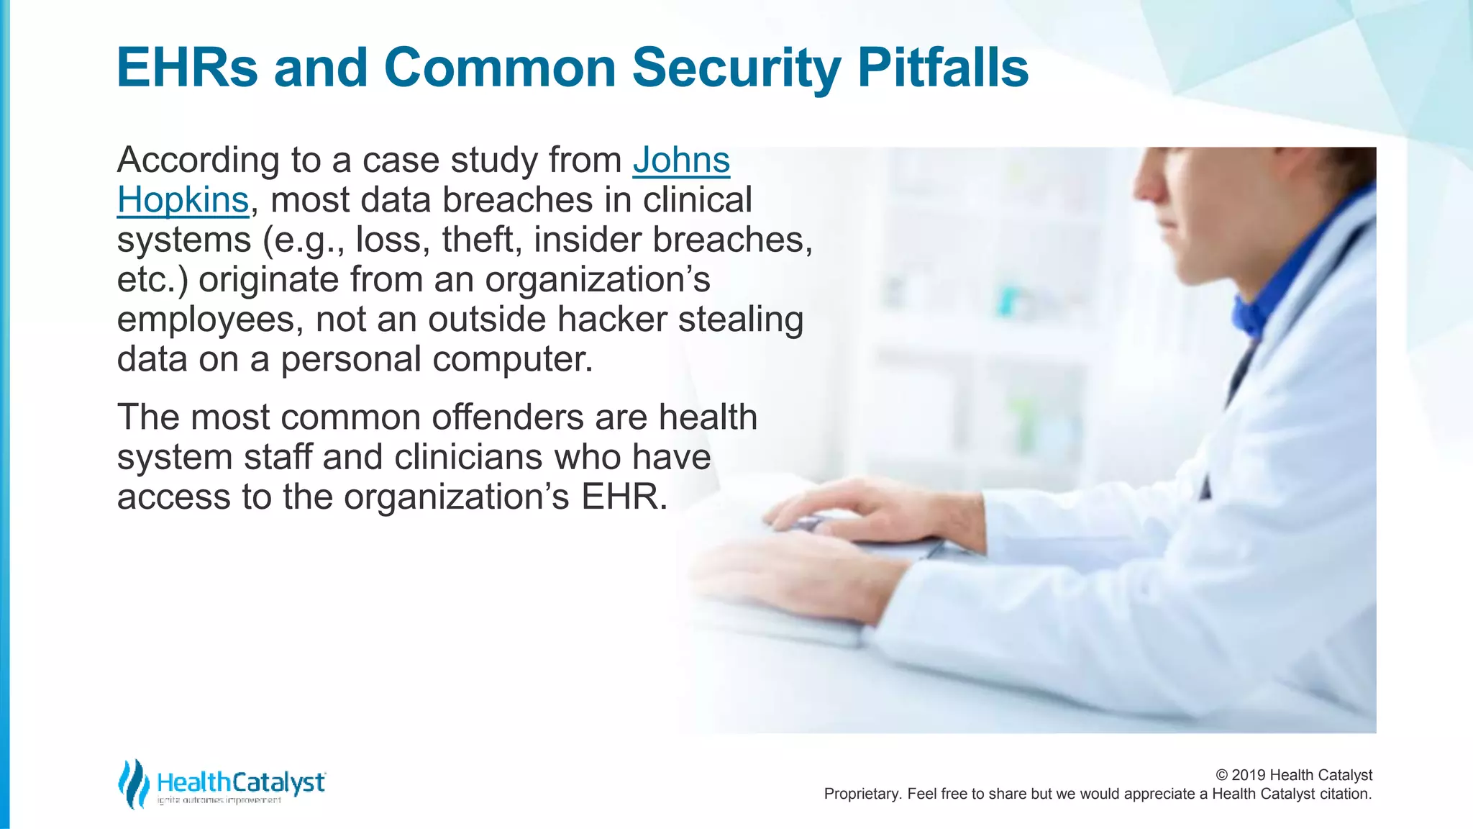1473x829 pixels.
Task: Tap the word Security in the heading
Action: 736,69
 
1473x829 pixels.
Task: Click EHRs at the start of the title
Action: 187,68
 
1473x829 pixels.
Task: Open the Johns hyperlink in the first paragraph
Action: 681,160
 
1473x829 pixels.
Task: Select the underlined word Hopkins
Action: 183,200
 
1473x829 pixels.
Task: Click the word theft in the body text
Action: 481,240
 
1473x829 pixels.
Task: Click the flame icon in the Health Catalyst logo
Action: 133,784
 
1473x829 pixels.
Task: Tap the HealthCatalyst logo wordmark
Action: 241,782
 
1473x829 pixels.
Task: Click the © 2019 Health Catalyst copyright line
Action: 1293,775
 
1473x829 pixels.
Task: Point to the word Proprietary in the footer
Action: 862,794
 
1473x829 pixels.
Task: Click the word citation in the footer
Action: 1344,794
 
